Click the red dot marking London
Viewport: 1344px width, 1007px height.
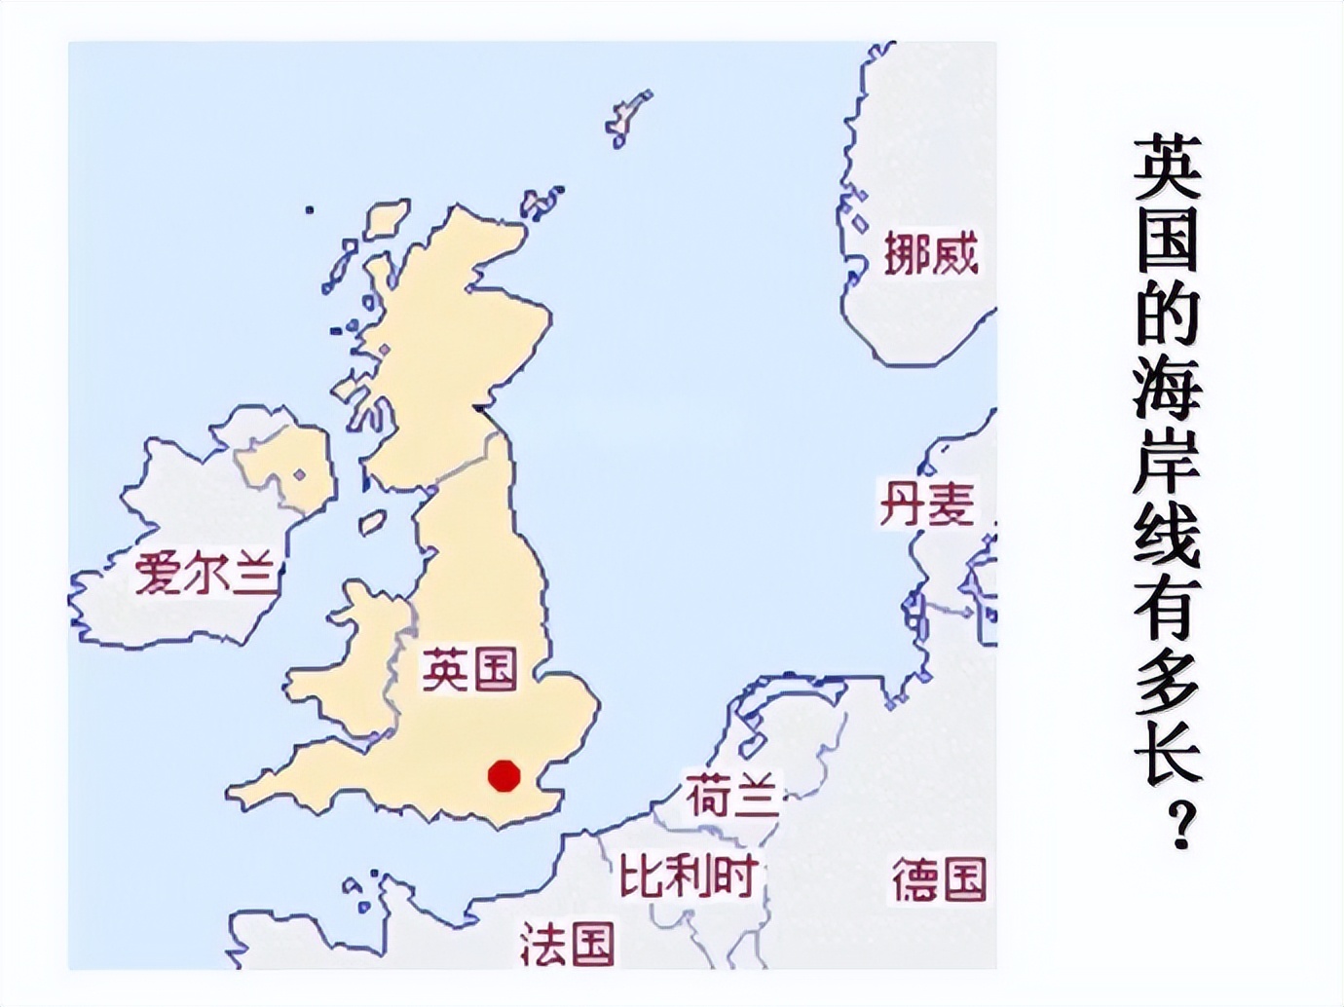(x=504, y=775)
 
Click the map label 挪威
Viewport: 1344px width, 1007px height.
(x=930, y=254)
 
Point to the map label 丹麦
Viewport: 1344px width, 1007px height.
(x=926, y=503)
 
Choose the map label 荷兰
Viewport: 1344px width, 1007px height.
(x=732, y=796)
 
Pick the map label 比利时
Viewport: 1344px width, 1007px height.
(x=689, y=876)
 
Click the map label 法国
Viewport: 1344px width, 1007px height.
(x=567, y=943)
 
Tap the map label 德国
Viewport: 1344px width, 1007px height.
(x=939, y=879)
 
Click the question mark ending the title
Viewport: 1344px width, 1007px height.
(x=1181, y=827)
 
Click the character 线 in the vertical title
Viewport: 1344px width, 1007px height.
(x=1167, y=535)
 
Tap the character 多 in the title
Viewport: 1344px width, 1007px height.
(x=1167, y=681)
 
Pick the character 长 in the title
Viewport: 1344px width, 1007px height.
(x=1167, y=754)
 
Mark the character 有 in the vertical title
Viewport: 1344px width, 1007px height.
(x=1167, y=608)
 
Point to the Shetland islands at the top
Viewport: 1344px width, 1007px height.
(x=628, y=117)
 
